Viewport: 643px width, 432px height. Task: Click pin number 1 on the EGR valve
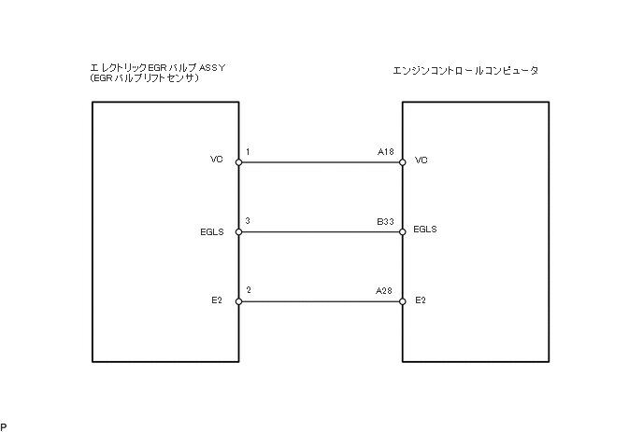(248, 151)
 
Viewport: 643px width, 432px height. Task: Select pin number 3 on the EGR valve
(248, 221)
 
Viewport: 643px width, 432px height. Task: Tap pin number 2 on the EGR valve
(248, 290)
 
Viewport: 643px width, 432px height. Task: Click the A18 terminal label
(385, 151)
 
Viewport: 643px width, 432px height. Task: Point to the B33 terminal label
(385, 221)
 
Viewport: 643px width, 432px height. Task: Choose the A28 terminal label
(384, 290)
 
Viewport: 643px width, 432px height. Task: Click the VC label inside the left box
(218, 160)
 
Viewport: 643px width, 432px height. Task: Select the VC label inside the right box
(421, 160)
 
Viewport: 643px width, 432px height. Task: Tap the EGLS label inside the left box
(212, 231)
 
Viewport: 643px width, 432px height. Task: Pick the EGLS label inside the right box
(425, 229)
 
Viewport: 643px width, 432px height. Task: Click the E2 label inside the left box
(218, 300)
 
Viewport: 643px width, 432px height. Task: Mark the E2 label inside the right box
(420, 300)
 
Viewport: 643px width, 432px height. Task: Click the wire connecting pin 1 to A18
(321, 162)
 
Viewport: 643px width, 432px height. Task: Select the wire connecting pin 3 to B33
(321, 232)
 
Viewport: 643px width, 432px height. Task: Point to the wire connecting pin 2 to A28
(321, 301)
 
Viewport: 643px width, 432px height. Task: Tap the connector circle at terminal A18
(402, 162)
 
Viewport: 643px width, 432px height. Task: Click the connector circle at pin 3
(239, 232)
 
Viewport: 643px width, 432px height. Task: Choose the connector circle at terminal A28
(402, 301)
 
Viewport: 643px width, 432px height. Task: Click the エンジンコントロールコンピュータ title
(466, 70)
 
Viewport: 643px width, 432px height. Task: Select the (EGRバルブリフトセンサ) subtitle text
(144, 78)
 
